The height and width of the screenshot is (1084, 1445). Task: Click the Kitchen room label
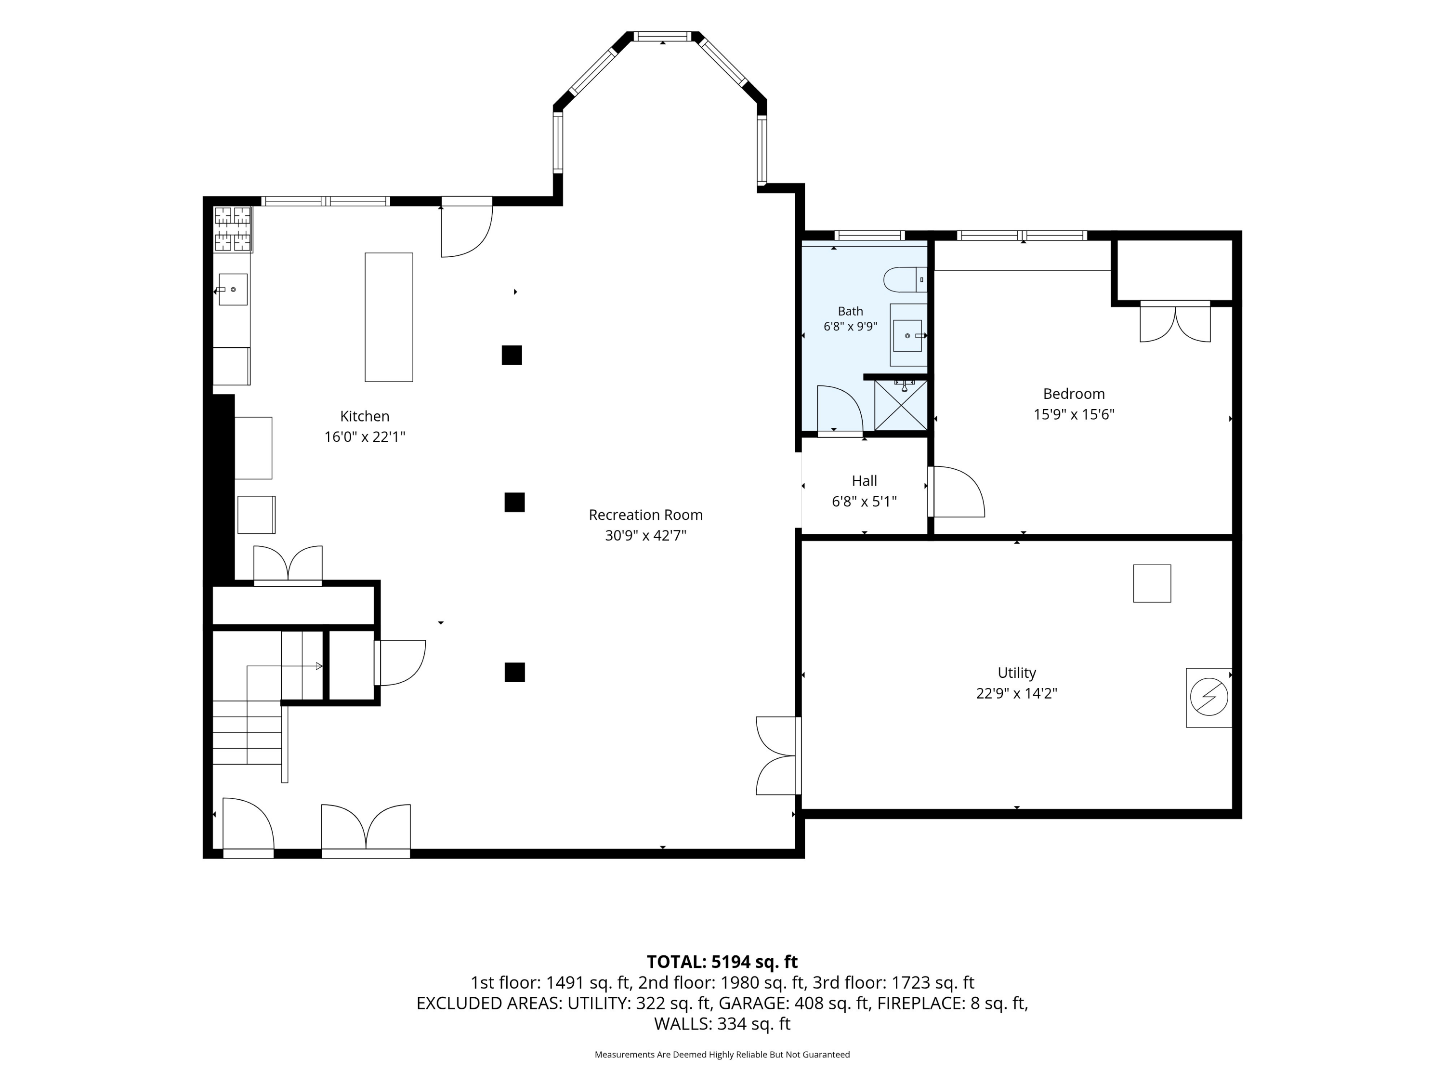pos(365,416)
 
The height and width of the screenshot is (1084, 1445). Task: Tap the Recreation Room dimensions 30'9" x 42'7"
pos(645,536)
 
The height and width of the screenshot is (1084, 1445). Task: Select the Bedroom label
pos(1074,394)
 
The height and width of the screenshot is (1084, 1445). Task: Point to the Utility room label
pos(1016,673)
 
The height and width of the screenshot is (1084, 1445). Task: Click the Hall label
pos(864,481)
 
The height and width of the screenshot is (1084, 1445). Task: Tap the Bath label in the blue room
pos(851,312)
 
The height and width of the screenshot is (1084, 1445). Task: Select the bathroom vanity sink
pos(908,335)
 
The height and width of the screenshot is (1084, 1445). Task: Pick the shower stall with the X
pos(901,405)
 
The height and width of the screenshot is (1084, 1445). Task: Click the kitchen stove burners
pos(233,229)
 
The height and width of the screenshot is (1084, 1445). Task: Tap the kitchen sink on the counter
pos(233,290)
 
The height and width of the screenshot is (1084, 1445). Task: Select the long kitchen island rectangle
pos(389,317)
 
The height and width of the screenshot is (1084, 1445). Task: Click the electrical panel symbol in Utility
pos(1209,697)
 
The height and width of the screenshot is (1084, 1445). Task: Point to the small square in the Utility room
pos(1152,583)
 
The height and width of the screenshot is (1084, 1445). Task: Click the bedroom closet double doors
pos(1175,321)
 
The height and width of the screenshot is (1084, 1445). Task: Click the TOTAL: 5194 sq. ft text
pos(722,962)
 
